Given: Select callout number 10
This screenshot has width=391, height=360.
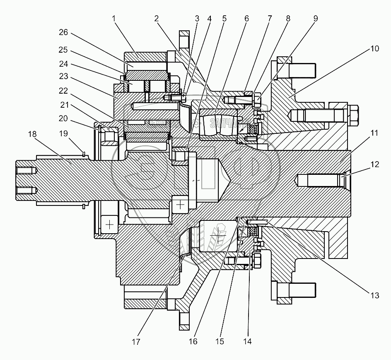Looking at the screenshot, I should tap(374, 49).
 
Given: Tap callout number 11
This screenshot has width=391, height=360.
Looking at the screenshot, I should tap(374, 133).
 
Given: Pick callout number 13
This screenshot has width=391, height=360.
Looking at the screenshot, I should tap(374, 295).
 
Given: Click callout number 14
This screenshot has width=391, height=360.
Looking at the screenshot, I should tap(248, 342).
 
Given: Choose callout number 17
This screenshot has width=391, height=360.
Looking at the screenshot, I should tap(136, 342).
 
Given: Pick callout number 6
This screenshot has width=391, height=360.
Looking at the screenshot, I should tap(247, 19).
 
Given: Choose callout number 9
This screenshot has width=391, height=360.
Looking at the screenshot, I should tap(315, 19).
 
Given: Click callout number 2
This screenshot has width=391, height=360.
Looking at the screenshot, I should tap(157, 19).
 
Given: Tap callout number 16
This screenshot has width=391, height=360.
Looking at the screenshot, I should tap(193, 342).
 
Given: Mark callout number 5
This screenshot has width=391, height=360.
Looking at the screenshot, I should tap(224, 19).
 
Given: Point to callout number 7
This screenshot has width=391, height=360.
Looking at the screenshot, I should tap(270, 19).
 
